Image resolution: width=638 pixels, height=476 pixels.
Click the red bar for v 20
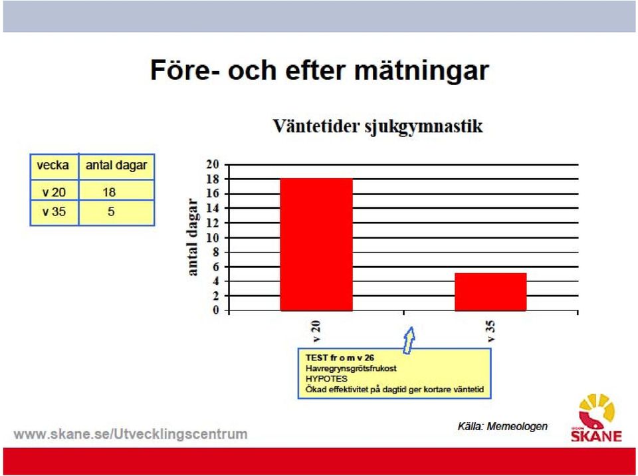316,244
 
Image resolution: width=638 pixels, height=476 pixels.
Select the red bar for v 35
490,292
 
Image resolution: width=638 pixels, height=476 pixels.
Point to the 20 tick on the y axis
213,164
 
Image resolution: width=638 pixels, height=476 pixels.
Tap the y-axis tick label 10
213,237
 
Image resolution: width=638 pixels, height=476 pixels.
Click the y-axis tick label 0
215,310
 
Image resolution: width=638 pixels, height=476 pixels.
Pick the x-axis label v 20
316,331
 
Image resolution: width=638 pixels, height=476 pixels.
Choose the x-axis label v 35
490,331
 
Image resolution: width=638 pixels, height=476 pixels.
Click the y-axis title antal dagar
193,237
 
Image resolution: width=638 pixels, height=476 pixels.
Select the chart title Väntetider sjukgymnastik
377,126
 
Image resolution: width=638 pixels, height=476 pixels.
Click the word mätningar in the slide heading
421,70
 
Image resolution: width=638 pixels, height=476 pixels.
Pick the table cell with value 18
109,192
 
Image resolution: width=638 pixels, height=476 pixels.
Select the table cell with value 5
111,211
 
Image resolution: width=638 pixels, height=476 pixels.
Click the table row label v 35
54,211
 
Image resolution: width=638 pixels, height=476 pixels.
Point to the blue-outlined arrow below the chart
409,340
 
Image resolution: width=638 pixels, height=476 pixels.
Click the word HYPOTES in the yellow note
327,379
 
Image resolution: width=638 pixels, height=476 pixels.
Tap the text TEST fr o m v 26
340,358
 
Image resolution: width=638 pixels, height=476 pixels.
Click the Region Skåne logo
597,417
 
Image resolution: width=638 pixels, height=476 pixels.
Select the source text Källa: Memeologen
502,426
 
